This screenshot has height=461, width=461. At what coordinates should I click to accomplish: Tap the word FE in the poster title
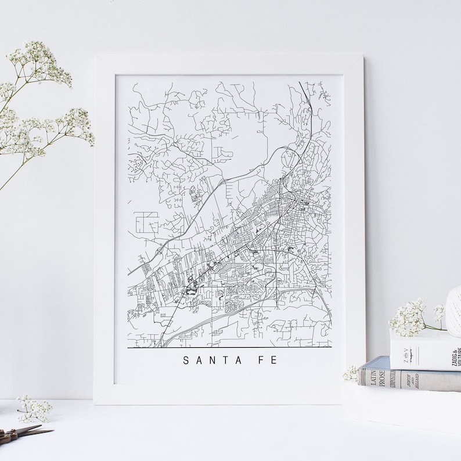[266, 361]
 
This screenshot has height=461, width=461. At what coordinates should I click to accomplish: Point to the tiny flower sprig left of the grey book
[351, 374]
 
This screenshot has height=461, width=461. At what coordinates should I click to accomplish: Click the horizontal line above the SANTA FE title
[229, 347]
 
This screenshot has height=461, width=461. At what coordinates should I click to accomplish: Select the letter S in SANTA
[186, 361]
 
